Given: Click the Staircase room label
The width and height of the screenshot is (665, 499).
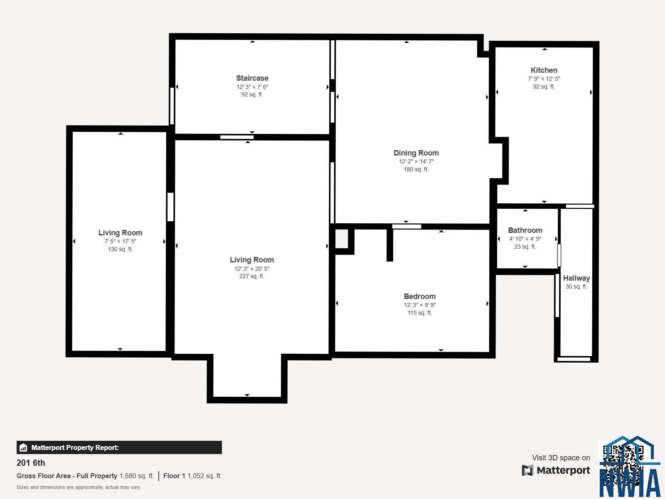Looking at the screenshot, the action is click(x=252, y=78).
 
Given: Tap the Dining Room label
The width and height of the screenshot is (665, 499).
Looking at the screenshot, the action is click(x=416, y=153).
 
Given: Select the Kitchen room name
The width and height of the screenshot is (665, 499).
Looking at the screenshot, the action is click(x=544, y=70).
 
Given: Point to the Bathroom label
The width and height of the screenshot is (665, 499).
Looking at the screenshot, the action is click(x=525, y=230).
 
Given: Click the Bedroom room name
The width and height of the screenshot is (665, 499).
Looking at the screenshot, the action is click(x=420, y=296).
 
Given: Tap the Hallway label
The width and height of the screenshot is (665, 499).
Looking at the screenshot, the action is click(x=576, y=278).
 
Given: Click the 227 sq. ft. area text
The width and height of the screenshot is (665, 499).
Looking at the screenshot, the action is click(x=251, y=276).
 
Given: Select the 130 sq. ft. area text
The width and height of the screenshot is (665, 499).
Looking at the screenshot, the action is click(x=120, y=249).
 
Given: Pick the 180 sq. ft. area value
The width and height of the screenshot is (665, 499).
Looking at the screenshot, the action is click(x=416, y=169).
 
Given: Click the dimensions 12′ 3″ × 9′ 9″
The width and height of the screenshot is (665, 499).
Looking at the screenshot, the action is click(x=420, y=305).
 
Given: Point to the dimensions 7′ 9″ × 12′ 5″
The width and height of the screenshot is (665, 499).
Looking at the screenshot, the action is click(x=544, y=79).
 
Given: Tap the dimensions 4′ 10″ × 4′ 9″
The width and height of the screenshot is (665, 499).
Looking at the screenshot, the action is click(x=525, y=239).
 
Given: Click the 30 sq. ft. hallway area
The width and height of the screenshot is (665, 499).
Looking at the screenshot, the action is click(x=576, y=287).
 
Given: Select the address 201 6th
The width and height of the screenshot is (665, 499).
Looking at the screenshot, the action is click(x=31, y=463).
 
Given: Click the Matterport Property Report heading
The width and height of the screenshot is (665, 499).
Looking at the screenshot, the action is click(x=75, y=447).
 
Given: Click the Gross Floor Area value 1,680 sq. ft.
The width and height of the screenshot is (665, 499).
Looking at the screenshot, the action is click(x=137, y=476).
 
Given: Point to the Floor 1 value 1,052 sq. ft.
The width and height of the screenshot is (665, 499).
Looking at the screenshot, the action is click(x=204, y=476).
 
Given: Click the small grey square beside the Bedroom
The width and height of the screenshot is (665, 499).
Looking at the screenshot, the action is click(x=342, y=239).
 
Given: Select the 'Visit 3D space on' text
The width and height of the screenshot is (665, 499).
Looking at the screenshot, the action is click(x=561, y=458).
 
